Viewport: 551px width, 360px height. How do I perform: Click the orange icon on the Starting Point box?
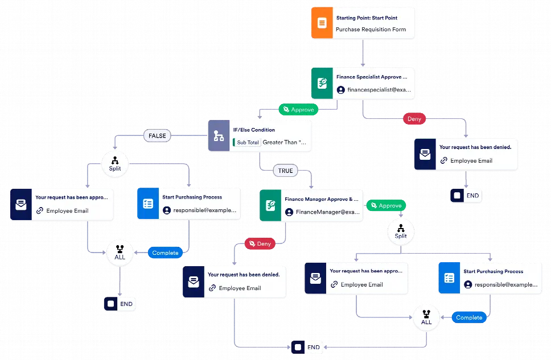(x=322, y=23)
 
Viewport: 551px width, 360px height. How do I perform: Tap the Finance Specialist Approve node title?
(x=372, y=76)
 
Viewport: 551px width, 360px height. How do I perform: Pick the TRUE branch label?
(x=285, y=170)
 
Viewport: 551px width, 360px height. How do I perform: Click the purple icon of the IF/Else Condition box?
(x=218, y=136)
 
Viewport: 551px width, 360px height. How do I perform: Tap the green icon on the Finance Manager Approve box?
(x=270, y=205)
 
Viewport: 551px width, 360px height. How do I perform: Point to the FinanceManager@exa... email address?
(x=328, y=212)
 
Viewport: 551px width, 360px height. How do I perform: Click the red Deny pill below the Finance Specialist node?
(x=414, y=119)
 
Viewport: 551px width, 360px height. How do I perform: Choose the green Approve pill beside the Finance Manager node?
(x=386, y=205)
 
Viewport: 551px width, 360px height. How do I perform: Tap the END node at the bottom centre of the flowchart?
(x=307, y=347)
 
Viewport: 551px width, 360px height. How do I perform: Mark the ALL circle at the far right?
(x=426, y=317)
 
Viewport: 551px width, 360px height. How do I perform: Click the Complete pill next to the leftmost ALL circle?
(x=165, y=253)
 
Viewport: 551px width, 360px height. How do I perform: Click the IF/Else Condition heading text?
(x=254, y=130)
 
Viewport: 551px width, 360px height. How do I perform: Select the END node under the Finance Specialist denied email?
(x=466, y=196)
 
